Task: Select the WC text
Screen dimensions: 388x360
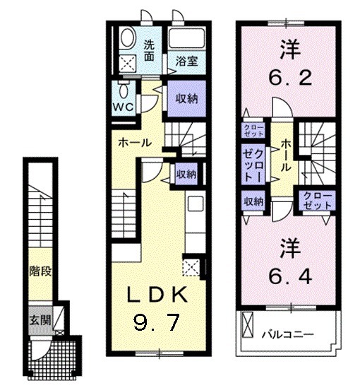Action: [x=124, y=108]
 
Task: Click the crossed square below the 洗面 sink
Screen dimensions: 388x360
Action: [x=128, y=64]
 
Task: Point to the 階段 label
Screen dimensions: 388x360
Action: [x=39, y=272]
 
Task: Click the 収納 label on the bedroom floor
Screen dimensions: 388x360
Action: [x=254, y=201]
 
